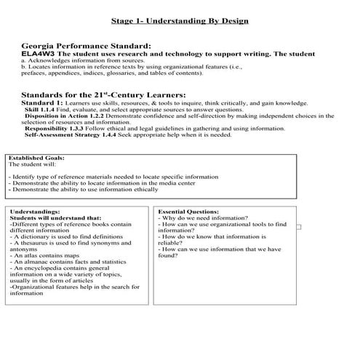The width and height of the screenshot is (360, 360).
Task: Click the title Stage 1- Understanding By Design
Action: click(x=180, y=20)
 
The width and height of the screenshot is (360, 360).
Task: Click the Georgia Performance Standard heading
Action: click(x=86, y=46)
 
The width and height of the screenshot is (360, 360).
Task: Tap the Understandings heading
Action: click(x=36, y=211)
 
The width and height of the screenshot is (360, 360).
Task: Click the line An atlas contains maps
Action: click(x=45, y=256)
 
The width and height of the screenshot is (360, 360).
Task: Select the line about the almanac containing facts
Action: click(x=68, y=263)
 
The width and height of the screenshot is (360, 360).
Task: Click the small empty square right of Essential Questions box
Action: click(x=298, y=227)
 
